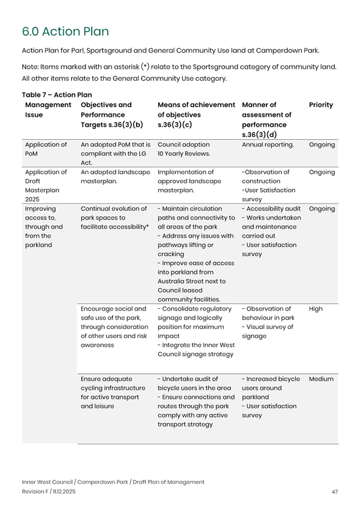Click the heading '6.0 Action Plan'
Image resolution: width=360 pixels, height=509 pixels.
pos(65,32)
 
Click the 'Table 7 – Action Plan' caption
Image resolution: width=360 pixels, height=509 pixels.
pos(57,95)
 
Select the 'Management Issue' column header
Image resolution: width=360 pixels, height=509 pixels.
pos(48,109)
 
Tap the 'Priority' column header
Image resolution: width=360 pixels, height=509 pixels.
pos(321,105)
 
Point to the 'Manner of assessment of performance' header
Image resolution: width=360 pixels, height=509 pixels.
pos(267,119)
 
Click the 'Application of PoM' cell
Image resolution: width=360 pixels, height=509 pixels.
pos(46,149)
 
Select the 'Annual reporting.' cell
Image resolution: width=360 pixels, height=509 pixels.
pos(268,144)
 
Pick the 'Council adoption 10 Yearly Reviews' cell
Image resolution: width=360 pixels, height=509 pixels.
pos(184,149)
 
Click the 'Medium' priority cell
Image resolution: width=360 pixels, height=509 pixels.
pos(321,379)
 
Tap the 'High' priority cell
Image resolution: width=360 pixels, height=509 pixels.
pos(316,308)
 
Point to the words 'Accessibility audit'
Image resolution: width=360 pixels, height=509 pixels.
pos(273,209)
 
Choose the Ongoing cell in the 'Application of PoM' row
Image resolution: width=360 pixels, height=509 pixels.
pos(322,144)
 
